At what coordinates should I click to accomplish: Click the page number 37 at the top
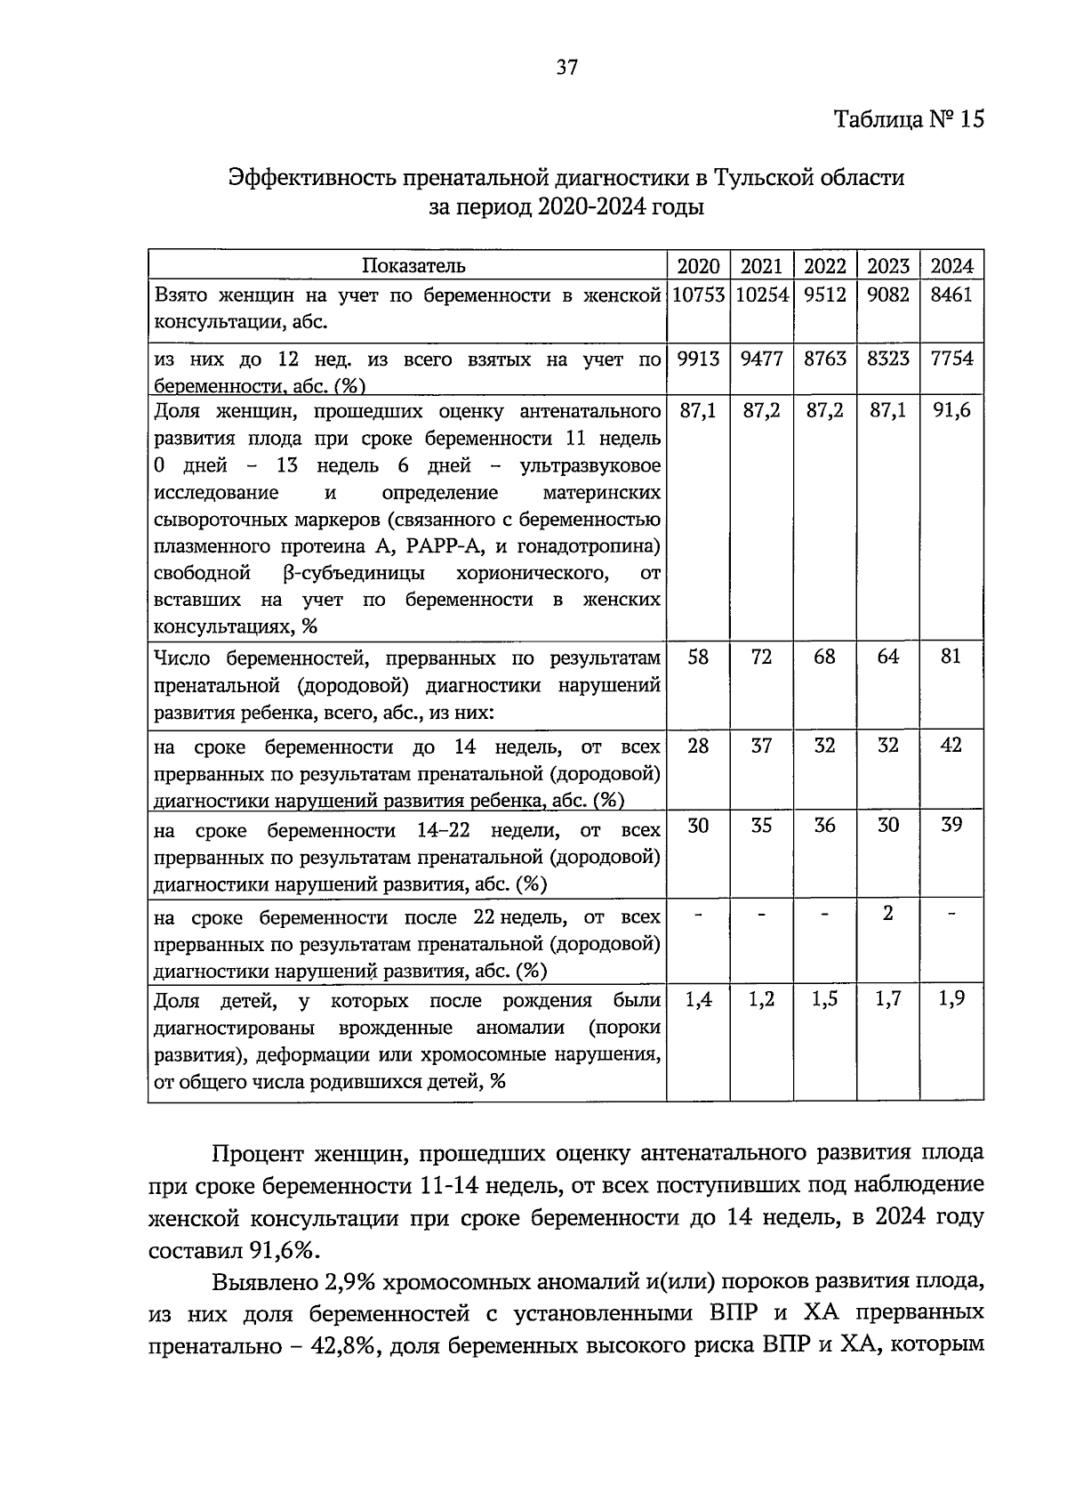tap(567, 67)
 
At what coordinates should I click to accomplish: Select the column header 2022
tap(825, 266)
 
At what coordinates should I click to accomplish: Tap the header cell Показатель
tap(413, 266)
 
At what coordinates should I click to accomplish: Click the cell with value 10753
tap(698, 295)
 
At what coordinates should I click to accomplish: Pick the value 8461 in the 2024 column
tap(951, 295)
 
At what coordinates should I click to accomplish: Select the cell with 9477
tap(761, 359)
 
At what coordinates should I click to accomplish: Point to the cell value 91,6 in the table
tap(951, 411)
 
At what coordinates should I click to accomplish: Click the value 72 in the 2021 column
tap(761, 658)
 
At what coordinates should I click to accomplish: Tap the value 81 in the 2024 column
tap(951, 658)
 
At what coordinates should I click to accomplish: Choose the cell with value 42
tap(951, 746)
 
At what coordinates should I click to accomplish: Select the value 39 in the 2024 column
tap(951, 826)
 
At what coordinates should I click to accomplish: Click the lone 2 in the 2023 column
tap(888, 913)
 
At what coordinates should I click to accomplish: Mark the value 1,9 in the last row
tap(951, 1000)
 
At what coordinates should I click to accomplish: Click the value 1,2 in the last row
tap(761, 1000)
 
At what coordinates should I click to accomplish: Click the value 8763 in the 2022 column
tap(825, 359)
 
